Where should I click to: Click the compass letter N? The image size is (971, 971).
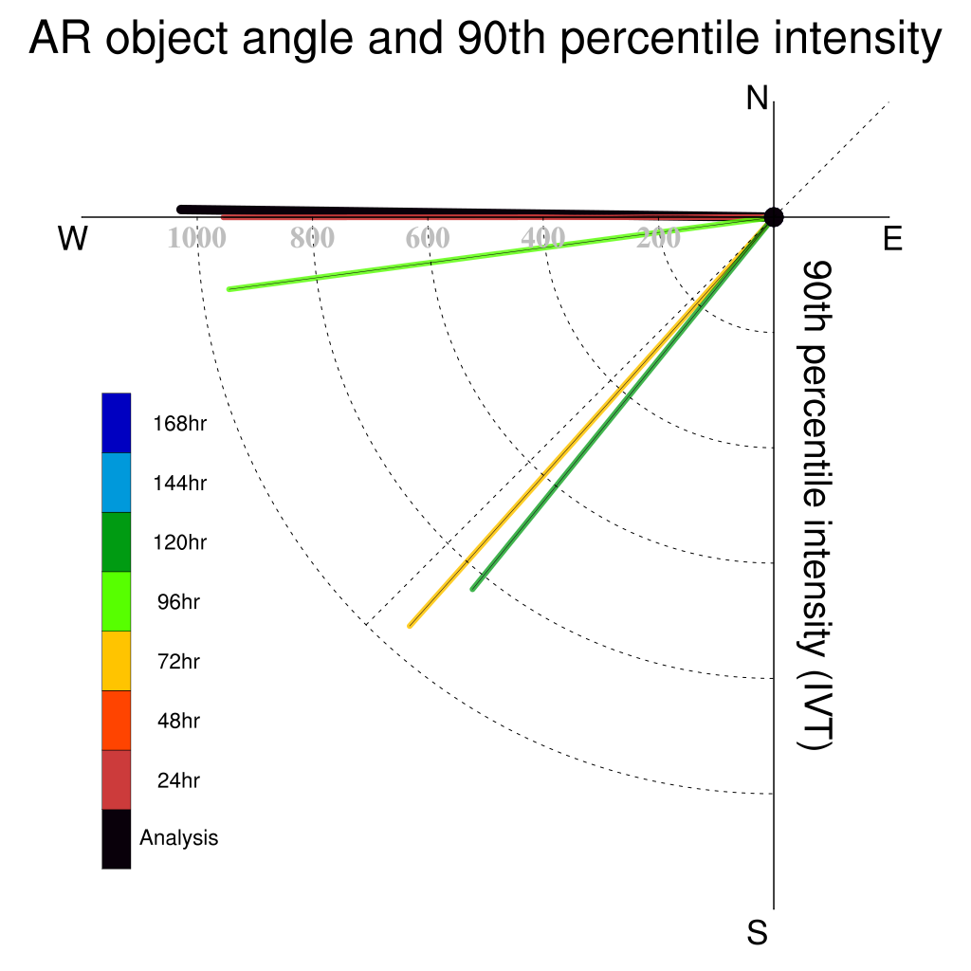(757, 99)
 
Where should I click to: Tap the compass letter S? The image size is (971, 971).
(758, 932)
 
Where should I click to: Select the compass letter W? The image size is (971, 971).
(72, 238)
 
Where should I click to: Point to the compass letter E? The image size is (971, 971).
(892, 238)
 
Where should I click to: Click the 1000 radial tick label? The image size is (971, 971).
(197, 238)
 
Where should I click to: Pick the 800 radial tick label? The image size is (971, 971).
(312, 238)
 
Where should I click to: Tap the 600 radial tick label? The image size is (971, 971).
(428, 238)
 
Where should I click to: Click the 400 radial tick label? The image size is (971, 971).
(542, 238)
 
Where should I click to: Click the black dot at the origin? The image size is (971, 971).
(774, 217)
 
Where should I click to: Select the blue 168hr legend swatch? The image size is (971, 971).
(117, 423)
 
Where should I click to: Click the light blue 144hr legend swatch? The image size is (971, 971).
(117, 483)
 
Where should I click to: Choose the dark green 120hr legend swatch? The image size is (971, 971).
(117, 541)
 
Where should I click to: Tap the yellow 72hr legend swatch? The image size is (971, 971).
(117, 661)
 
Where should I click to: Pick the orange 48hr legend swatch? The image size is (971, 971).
(117, 721)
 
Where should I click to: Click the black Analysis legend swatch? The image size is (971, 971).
(117, 839)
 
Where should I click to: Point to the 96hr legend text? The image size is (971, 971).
(178, 602)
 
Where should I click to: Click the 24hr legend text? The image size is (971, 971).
(178, 780)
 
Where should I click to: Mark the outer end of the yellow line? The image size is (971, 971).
(410, 626)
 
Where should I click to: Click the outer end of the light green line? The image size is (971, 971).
(229, 289)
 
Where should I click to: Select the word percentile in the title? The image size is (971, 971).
(660, 38)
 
